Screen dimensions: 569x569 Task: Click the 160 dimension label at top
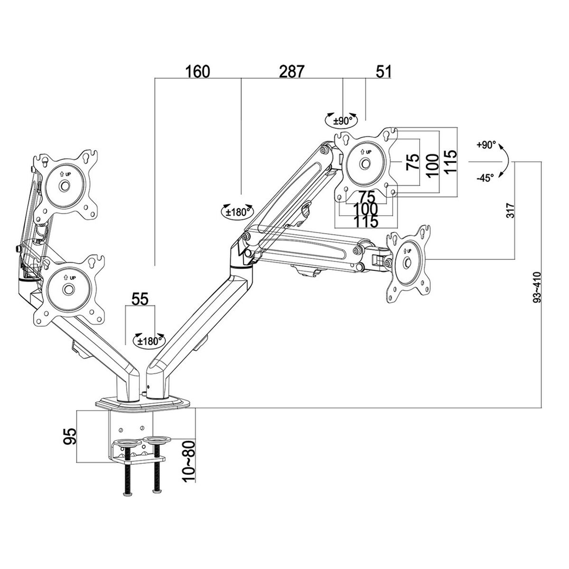[197, 72]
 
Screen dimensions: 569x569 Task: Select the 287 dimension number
[291, 72]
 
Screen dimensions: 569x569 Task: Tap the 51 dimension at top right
[384, 72]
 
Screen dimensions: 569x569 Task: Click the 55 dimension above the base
[140, 300]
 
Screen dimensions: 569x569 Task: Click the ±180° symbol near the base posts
[149, 340]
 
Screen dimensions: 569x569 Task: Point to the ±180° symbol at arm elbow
[237, 212]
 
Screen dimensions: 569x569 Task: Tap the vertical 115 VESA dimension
[450, 161]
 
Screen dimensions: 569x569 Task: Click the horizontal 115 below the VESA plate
[365, 220]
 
